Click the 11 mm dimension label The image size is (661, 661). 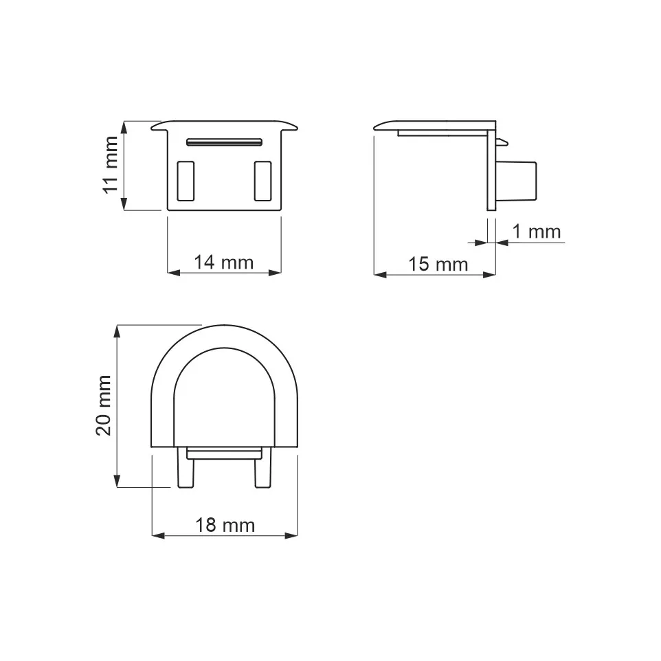point(111,165)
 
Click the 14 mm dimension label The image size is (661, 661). point(223,262)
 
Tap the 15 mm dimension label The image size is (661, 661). point(438,265)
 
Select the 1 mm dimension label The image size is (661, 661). point(536,232)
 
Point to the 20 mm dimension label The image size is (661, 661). point(104,405)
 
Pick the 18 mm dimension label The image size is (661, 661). point(225,525)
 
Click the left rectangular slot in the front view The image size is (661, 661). point(186,181)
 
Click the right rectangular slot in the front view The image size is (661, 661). point(262,181)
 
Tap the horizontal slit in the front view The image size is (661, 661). point(224,142)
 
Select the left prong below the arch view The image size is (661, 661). point(186,468)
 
